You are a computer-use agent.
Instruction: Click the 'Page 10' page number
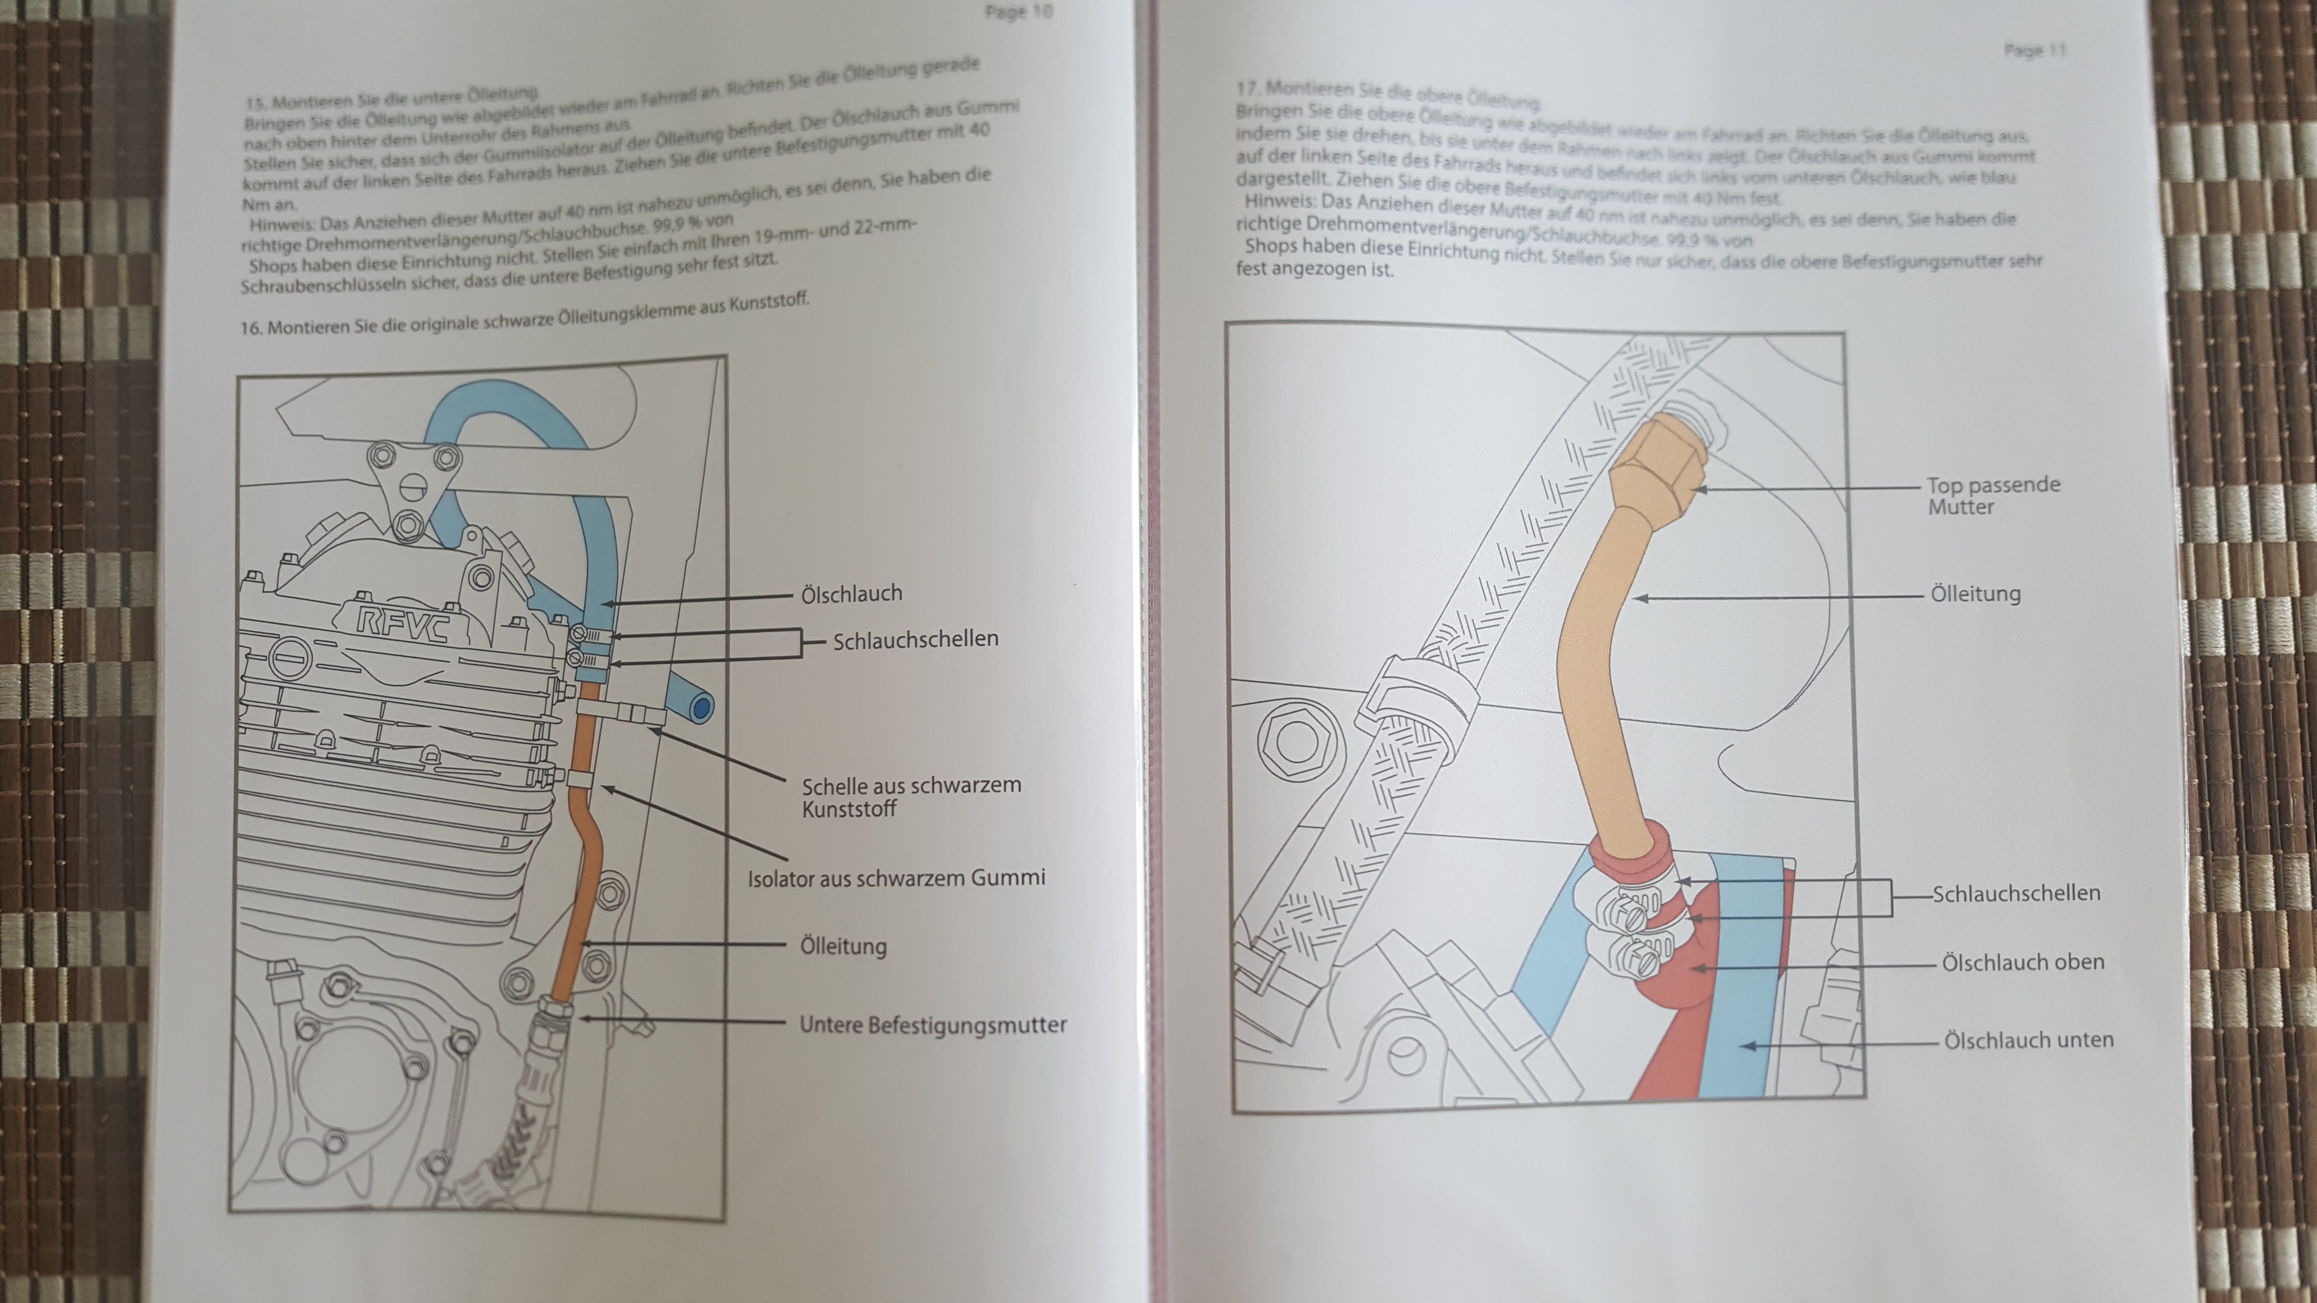pos(1018,13)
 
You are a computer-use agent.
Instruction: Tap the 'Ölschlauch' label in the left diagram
pos(851,594)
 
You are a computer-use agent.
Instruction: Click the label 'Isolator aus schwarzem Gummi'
pos(896,878)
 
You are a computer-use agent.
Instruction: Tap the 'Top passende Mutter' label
pos(1992,495)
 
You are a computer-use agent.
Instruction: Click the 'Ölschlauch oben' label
pos(2022,962)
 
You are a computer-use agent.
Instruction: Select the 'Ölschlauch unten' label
pos(2028,1040)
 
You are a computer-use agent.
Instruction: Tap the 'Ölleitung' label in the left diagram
pos(843,946)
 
